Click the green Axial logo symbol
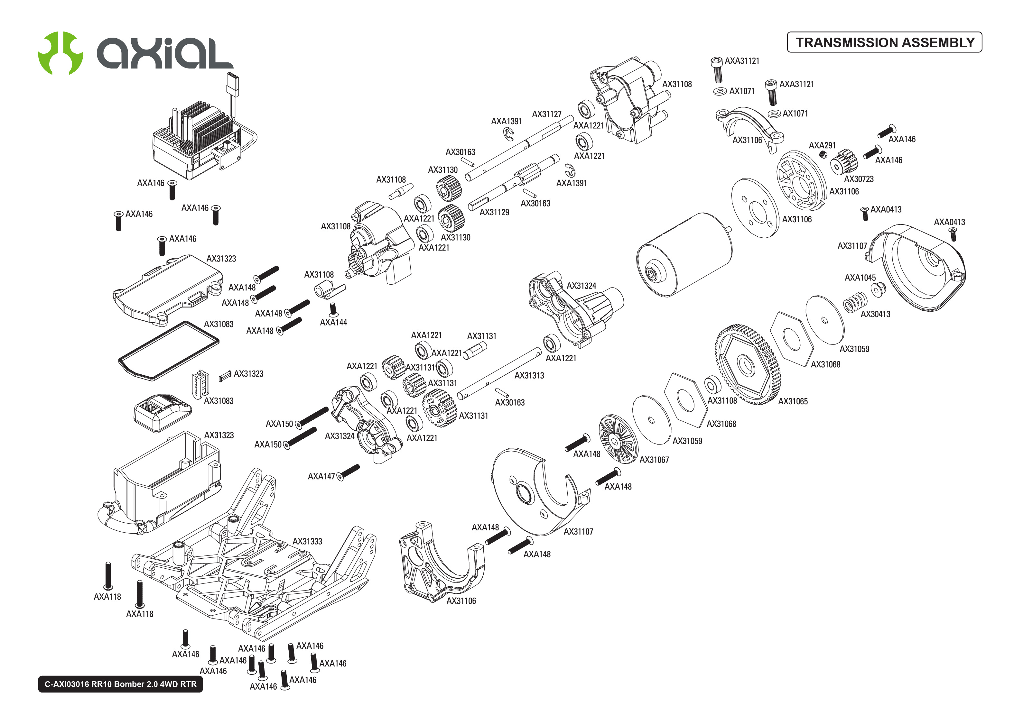(60, 53)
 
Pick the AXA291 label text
(822, 145)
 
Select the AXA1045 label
(860, 278)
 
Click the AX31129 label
(494, 212)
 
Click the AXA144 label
(333, 322)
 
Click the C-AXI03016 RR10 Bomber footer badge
(120, 684)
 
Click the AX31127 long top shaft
(519, 148)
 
